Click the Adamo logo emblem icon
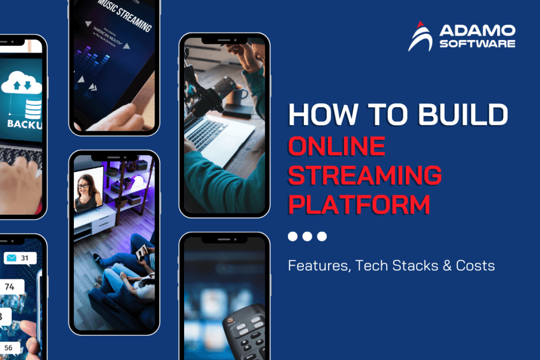(x=420, y=36)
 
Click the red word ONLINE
(x=336, y=146)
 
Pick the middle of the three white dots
(x=307, y=237)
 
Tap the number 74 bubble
(x=9, y=287)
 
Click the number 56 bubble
(x=9, y=348)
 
